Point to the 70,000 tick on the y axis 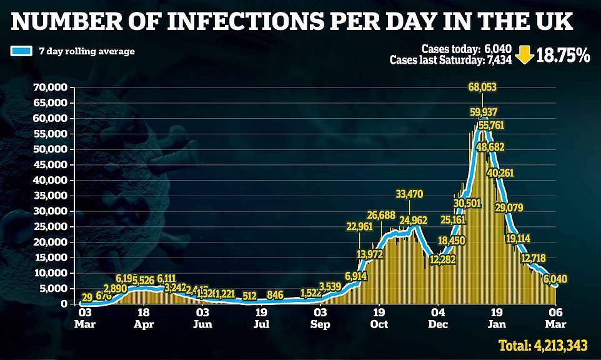pos(51,87)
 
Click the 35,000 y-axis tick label pos(51,196)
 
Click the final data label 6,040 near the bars pos(555,279)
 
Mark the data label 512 pos(250,295)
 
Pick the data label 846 pos(275,295)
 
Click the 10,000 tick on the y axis pos(51,273)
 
